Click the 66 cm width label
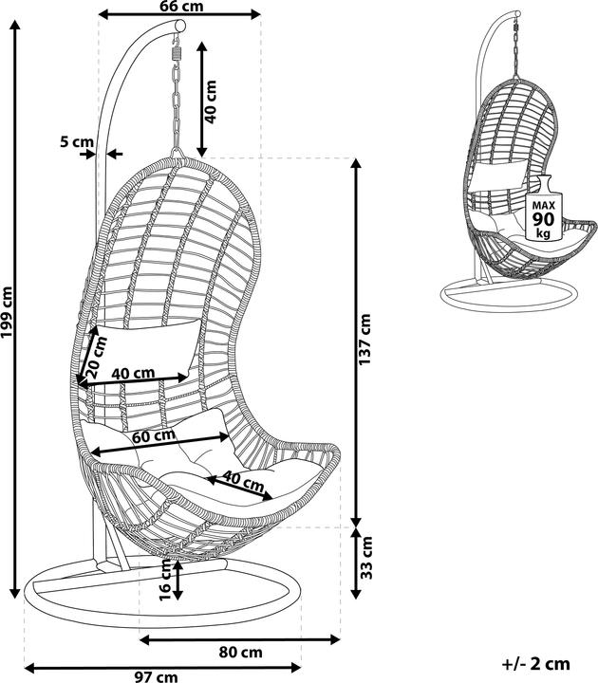tap(180, 6)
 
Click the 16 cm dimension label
tap(165, 580)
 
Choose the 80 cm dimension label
tap(240, 652)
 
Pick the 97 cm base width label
tap(156, 675)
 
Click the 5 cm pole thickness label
tap(76, 142)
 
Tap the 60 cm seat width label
tap(153, 436)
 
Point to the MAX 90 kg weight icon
tap(543, 211)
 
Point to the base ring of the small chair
tap(508, 293)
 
